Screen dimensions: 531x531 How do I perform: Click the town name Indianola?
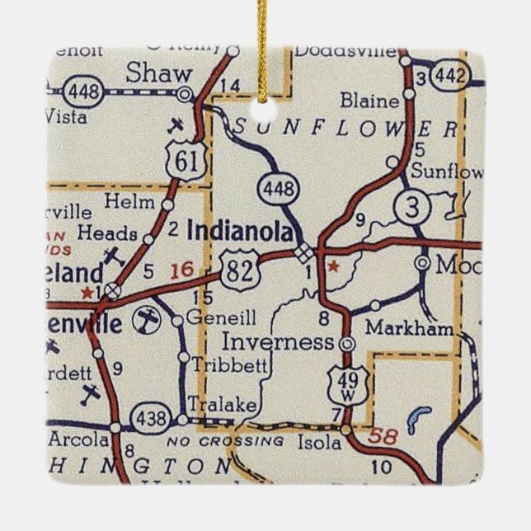pos(239,232)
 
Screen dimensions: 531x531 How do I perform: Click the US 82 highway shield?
pos(238,271)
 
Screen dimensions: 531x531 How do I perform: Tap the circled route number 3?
pos(410,206)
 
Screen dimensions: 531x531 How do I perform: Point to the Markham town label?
pos(409,328)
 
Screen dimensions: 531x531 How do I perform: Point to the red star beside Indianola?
pos(333,265)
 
